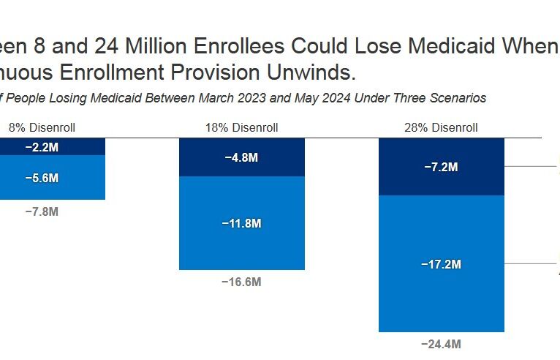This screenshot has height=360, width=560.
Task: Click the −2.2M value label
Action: coord(42,147)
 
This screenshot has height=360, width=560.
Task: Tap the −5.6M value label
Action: coord(42,178)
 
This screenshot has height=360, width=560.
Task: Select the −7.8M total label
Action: coord(42,211)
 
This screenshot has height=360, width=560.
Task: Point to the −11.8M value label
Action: coord(242,223)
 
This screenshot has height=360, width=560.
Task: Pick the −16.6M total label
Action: coord(242,282)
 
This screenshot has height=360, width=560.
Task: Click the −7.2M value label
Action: coord(441,167)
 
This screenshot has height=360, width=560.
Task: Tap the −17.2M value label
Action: coord(441,264)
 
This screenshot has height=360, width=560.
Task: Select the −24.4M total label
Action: coord(441,344)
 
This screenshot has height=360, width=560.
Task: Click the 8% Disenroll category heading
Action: coord(42,127)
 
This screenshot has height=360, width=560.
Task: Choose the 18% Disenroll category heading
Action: coord(242,127)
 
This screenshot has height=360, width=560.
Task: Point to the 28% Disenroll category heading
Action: coord(441,127)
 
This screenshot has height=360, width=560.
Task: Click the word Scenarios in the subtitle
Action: coord(460,98)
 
